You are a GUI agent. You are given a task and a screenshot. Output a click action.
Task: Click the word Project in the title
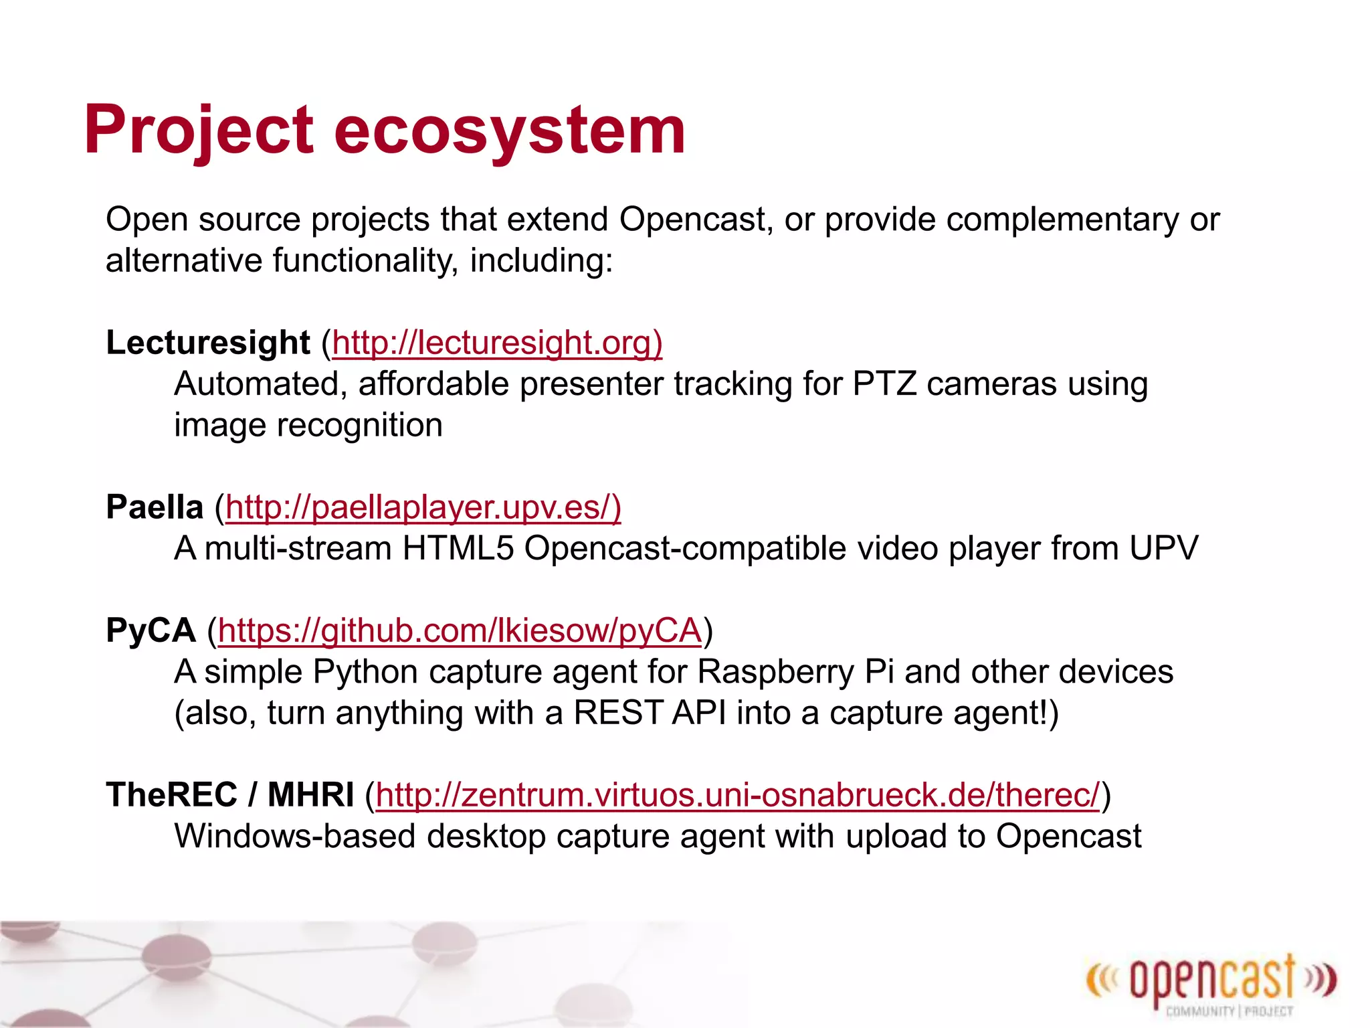[x=199, y=131]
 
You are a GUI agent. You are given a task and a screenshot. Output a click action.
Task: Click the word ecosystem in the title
[x=509, y=131]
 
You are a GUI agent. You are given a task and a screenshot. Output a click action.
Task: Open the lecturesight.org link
[x=496, y=343]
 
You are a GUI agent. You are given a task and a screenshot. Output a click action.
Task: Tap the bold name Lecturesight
[x=208, y=343]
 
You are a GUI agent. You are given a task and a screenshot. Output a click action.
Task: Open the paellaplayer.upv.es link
[x=423, y=507]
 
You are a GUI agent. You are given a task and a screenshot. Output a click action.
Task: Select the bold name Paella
[x=155, y=507]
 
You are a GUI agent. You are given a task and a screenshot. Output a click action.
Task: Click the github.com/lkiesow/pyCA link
[x=460, y=630]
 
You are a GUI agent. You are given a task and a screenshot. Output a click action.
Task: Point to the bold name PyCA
[x=151, y=630]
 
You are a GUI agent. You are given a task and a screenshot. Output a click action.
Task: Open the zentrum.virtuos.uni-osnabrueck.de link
[x=737, y=795]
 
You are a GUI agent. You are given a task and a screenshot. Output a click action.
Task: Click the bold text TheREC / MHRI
[x=229, y=795]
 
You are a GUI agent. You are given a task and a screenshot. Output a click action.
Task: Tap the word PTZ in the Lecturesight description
[x=884, y=384]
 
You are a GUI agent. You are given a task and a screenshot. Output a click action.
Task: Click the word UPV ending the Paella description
[x=1163, y=549]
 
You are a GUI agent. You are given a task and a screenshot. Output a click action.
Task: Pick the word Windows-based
[x=295, y=837]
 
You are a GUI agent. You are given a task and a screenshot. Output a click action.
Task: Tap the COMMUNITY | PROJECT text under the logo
[x=1230, y=1011]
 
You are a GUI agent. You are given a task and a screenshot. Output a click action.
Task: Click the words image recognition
[x=308, y=426]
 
